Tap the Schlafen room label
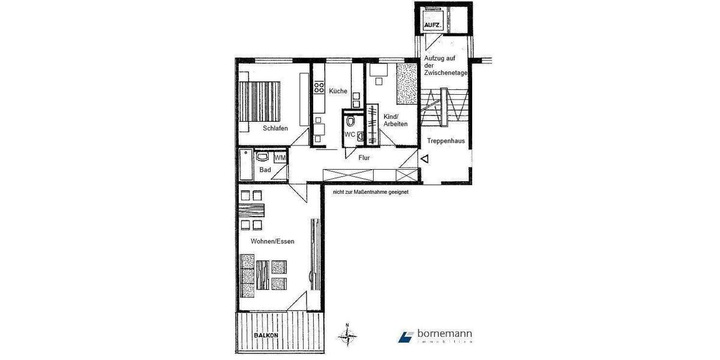[x=275, y=128]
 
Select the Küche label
[x=338, y=91]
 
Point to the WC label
[x=350, y=134]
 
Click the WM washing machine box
[x=280, y=157]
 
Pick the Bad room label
[x=265, y=170]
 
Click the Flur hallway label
[x=364, y=158]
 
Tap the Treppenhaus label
[x=446, y=142]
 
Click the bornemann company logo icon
[x=406, y=336]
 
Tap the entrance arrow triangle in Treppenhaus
[x=424, y=160]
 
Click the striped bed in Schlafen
[x=260, y=101]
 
